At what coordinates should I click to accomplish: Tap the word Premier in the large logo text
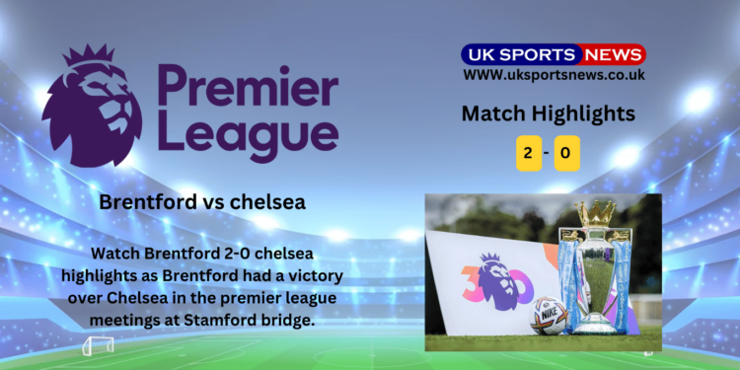(x=249, y=86)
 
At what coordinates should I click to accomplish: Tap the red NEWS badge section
(x=613, y=54)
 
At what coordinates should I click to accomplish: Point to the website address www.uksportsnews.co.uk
(x=554, y=75)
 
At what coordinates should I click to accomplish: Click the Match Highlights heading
(x=548, y=113)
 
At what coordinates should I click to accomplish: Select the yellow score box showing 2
(x=529, y=153)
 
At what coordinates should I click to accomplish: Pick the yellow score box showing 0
(x=566, y=153)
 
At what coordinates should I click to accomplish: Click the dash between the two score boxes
(x=547, y=153)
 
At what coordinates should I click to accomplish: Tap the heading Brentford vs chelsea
(x=202, y=202)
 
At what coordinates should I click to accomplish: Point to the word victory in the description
(x=317, y=275)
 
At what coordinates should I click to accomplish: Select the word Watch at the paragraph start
(x=115, y=253)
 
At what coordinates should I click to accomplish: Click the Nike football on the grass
(x=550, y=316)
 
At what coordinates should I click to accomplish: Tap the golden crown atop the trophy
(x=596, y=213)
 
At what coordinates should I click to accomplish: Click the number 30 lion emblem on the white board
(x=497, y=282)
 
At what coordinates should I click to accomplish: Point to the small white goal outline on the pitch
(x=98, y=346)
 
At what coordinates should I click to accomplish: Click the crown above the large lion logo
(x=89, y=54)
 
